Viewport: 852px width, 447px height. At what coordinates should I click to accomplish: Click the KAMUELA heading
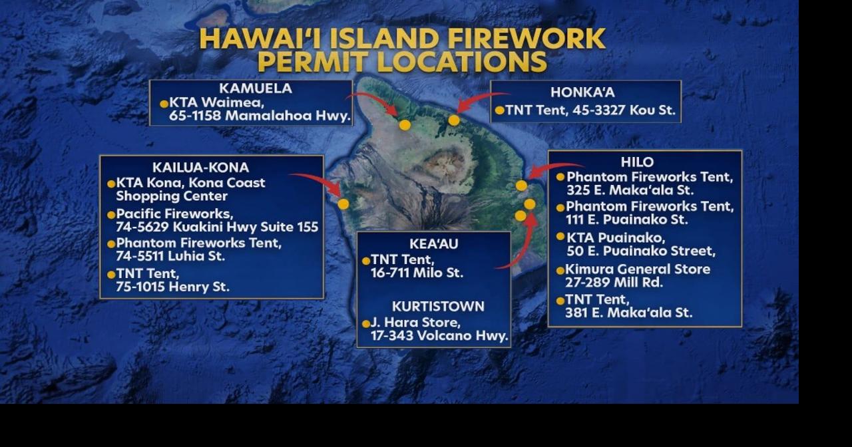click(255, 88)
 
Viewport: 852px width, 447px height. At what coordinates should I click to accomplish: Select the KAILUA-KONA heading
click(200, 168)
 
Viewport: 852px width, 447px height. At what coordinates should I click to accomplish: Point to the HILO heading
click(637, 162)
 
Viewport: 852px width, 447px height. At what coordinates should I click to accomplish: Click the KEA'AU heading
click(433, 244)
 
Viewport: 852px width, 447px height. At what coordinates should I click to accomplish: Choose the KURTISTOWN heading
click(438, 307)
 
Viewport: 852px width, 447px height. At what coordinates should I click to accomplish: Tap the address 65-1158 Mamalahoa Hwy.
click(260, 116)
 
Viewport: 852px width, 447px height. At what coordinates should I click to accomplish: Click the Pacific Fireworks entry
click(174, 214)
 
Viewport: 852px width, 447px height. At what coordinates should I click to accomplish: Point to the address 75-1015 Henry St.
click(172, 287)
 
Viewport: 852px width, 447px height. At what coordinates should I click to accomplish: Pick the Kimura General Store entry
click(638, 269)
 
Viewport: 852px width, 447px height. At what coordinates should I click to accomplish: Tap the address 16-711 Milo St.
click(417, 273)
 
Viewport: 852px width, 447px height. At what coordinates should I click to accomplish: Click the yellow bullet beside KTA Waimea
click(164, 104)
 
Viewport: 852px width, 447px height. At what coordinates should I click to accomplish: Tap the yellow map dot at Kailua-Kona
click(343, 204)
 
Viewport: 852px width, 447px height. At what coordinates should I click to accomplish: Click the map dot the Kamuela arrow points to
click(405, 124)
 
